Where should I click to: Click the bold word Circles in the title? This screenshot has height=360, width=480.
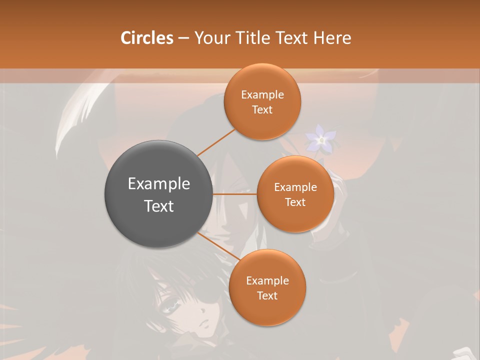pos(146,38)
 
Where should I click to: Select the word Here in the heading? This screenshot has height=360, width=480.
pos(332,38)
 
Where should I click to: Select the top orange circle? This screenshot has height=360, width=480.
pos(262,122)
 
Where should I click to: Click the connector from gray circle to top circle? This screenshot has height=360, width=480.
pos(216,142)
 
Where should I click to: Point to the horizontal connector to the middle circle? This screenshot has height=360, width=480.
pos(235,194)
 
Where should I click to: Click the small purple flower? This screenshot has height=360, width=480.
pos(321,139)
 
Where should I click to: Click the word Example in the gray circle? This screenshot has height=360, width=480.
pos(159,184)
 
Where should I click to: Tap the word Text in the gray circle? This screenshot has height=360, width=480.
pos(159,206)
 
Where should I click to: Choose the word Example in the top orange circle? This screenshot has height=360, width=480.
pos(262,95)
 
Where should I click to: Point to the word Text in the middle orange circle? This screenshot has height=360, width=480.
pos(295,202)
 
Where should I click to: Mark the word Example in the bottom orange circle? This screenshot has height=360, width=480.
pos(267,281)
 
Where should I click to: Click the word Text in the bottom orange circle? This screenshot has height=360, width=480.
pos(267,296)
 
